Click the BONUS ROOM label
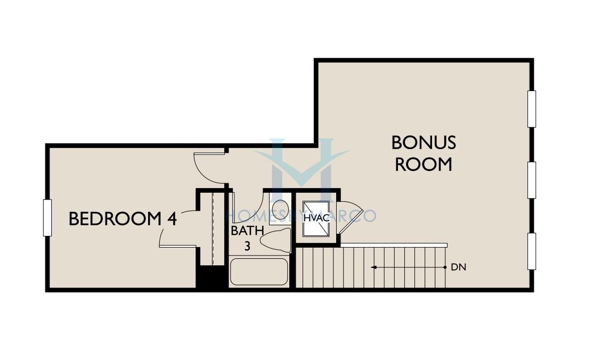[424, 153]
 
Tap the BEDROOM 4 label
[123, 219]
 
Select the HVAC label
[316, 218]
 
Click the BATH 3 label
[247, 238]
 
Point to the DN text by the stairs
[458, 267]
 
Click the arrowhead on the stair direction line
[373, 267]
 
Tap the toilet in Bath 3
[275, 240]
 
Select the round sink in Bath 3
[280, 209]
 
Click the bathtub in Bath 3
[259, 272]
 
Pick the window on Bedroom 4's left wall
[47, 218]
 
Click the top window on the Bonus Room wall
[532, 109]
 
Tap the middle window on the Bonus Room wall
[532, 180]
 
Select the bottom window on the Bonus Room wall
[532, 251]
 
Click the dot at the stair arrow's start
[445, 267]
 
